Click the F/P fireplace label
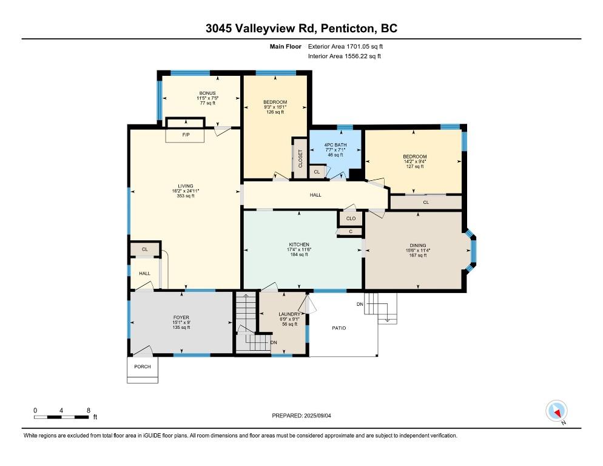[x=186, y=135]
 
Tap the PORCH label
[x=143, y=366]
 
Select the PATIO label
[x=339, y=328]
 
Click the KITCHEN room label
[x=299, y=245]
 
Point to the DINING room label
[x=417, y=246]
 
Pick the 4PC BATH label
[x=335, y=145]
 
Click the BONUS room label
[x=207, y=93]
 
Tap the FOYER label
[x=181, y=318]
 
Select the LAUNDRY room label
[x=289, y=314]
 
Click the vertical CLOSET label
[x=300, y=158]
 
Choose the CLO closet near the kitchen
[x=351, y=218]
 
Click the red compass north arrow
[x=557, y=413]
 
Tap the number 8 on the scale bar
[x=89, y=411]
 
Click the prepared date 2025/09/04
[x=317, y=416]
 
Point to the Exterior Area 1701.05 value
[x=358, y=47]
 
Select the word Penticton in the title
[x=347, y=29]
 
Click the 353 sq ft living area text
[x=186, y=196]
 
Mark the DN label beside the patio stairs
[x=360, y=305]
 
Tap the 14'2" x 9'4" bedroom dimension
[x=415, y=161]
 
